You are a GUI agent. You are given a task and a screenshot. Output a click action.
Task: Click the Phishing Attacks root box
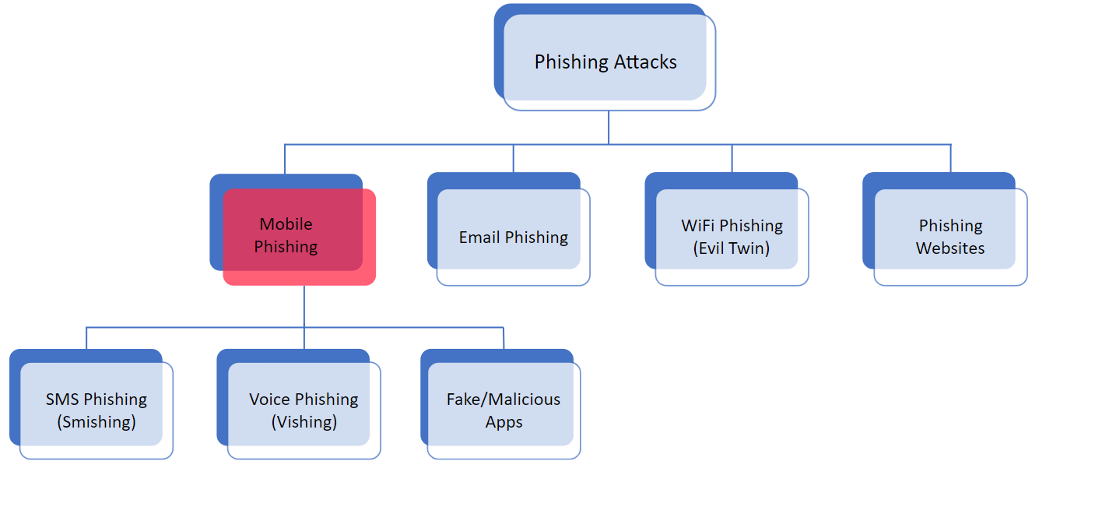pos(605,62)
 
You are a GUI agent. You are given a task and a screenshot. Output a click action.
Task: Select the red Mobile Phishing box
pos(299,236)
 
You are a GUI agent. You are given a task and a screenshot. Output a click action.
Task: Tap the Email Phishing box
pos(513,237)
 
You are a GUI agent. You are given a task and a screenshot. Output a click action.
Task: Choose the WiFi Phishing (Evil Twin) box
pos(732,237)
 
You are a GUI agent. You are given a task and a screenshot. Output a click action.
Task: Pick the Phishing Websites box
pos(950,237)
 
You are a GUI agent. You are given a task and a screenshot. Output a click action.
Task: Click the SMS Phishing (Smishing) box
pos(96,410)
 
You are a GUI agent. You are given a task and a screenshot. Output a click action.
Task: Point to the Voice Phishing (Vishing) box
pos(304,410)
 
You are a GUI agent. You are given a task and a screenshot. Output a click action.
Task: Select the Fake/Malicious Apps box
pos(504,410)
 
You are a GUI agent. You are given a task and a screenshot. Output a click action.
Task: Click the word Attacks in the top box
pos(643,62)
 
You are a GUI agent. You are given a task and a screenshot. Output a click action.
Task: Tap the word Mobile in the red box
pos(286,224)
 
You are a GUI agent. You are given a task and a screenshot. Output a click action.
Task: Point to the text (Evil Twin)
pos(732,248)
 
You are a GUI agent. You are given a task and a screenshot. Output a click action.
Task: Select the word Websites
pos(950,248)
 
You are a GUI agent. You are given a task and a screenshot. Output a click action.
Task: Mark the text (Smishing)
pos(97,422)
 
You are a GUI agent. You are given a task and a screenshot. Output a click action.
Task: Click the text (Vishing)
pos(304,422)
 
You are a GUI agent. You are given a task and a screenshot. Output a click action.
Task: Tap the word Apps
pos(504,422)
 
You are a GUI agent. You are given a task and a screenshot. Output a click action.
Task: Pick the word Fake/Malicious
pos(504,400)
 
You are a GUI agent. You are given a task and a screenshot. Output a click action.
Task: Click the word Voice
pos(269,400)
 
